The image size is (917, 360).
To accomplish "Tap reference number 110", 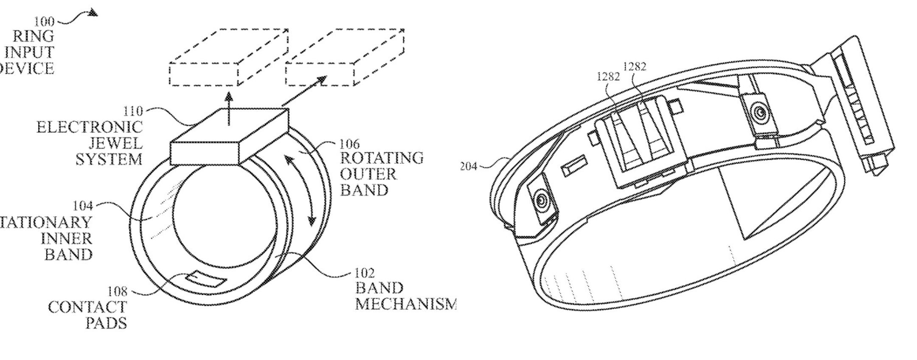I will click(133, 112).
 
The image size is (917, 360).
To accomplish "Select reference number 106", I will click(349, 144).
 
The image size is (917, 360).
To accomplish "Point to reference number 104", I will click(83, 206).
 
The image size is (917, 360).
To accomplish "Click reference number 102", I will click(364, 273).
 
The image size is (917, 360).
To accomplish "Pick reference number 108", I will click(118, 292).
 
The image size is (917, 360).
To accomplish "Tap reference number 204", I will click(468, 166).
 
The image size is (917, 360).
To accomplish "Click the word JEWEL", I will click(115, 143).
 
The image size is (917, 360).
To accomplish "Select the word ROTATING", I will click(382, 158).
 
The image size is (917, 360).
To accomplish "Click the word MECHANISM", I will click(405, 304).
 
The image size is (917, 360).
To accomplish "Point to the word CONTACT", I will click(87, 307).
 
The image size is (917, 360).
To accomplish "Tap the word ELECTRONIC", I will click(89, 127).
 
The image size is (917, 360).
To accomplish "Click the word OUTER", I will click(368, 174).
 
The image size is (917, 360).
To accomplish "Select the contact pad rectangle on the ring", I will click(205, 278).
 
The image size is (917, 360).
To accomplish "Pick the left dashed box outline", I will click(228, 57).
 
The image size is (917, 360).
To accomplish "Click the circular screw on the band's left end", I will click(542, 200).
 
